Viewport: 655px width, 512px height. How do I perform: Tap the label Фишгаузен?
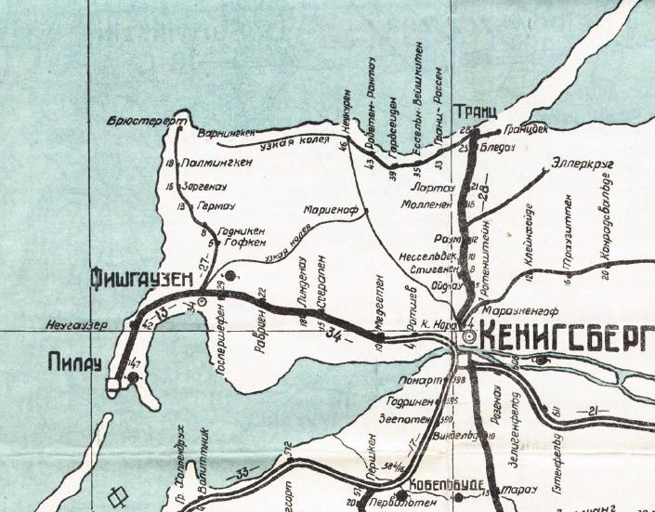146,276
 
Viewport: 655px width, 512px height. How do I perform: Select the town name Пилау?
73,364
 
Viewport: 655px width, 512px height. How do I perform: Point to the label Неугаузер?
78,325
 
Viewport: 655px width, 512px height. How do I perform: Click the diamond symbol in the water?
118,494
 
